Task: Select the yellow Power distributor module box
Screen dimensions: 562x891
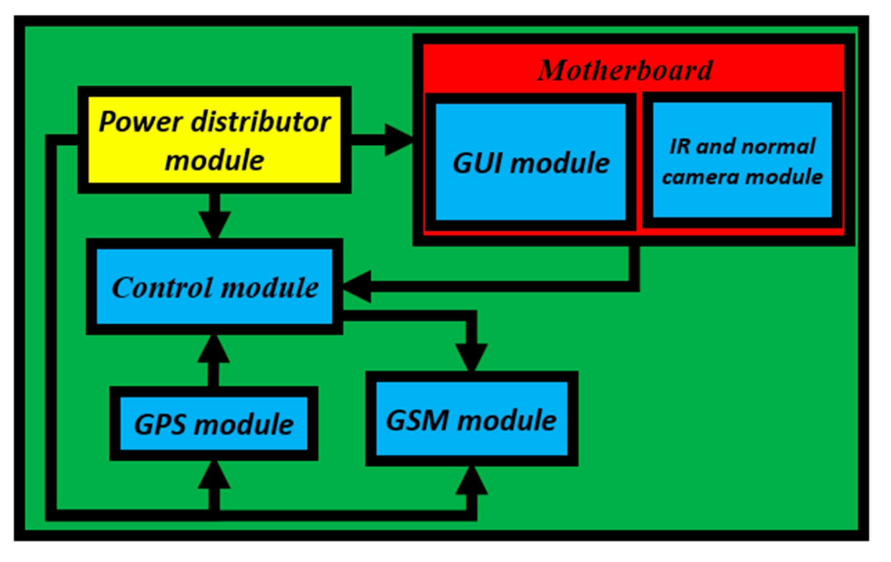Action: (x=214, y=140)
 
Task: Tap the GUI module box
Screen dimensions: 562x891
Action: (x=531, y=162)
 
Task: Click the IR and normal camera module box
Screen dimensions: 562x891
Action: (x=742, y=160)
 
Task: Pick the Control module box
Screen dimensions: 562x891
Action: (x=214, y=287)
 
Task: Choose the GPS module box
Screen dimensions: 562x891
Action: (x=214, y=424)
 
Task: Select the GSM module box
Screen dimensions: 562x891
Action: (x=471, y=419)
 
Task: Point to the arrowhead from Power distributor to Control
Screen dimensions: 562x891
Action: (x=214, y=225)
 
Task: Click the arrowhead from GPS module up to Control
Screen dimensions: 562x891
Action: (x=214, y=349)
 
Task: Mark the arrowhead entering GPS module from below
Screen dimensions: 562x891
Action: (x=214, y=476)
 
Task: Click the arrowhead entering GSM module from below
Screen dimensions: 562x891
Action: (x=471, y=481)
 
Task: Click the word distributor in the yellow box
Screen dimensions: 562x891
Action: (x=261, y=122)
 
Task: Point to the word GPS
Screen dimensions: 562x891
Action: (x=160, y=424)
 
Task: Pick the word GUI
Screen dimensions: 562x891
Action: (x=478, y=163)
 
